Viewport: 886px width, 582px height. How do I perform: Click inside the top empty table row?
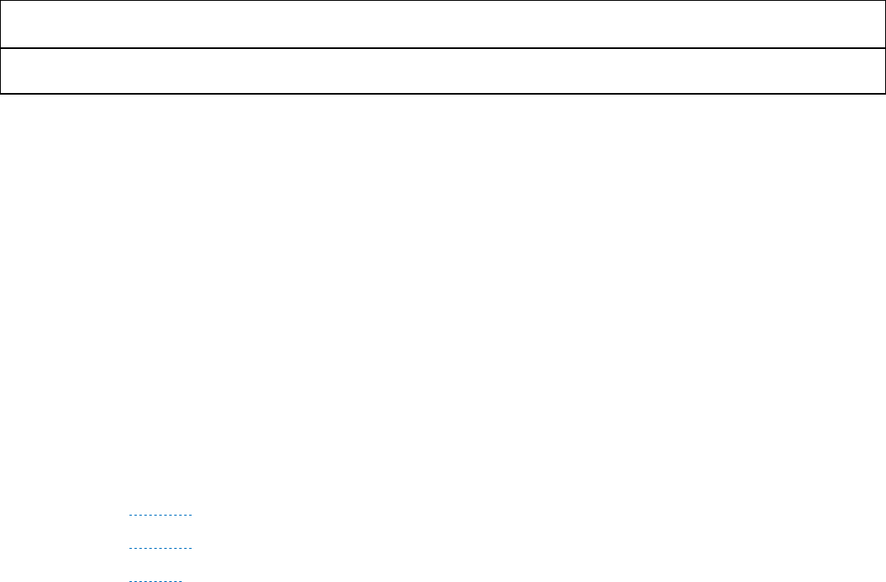click(x=443, y=24)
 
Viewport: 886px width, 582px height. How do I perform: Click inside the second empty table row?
click(x=443, y=71)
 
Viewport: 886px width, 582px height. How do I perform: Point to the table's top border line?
click(x=443, y=1)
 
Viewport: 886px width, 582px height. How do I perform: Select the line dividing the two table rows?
click(x=443, y=48)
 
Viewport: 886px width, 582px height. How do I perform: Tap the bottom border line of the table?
click(x=443, y=93)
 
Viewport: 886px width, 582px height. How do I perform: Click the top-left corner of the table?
click(x=1, y=1)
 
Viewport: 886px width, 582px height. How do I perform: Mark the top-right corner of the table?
click(x=884, y=1)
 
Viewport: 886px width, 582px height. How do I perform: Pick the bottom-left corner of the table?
click(x=1, y=93)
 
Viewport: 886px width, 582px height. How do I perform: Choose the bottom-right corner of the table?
click(x=884, y=93)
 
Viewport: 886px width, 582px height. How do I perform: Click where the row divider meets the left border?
click(x=1, y=48)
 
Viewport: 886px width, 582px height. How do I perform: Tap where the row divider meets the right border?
click(x=884, y=48)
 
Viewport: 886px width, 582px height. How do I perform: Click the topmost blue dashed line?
click(x=161, y=516)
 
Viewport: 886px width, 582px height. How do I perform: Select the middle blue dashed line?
click(x=161, y=548)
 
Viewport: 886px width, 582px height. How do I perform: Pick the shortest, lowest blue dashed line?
click(x=156, y=580)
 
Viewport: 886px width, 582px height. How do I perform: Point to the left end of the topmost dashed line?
click(x=131, y=516)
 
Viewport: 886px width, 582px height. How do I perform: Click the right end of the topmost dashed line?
click(x=192, y=516)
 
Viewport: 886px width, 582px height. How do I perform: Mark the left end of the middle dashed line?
click(x=131, y=548)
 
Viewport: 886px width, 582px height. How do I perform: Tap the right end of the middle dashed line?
click(x=192, y=548)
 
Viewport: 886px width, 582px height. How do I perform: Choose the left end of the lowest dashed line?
click(x=131, y=580)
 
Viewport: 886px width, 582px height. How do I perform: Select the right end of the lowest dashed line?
click(x=182, y=580)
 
